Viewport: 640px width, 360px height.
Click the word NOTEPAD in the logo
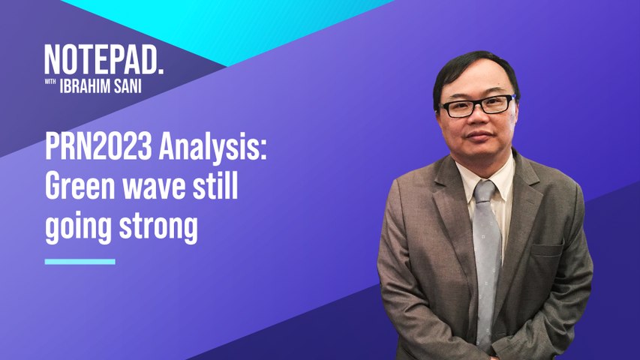(x=101, y=59)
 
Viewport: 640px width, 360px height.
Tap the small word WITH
(x=50, y=82)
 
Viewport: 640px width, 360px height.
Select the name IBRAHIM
(x=85, y=85)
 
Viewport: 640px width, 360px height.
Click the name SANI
(x=128, y=85)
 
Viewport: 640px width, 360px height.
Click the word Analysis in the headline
(x=209, y=148)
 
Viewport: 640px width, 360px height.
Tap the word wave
(x=155, y=188)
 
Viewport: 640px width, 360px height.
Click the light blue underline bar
(x=80, y=262)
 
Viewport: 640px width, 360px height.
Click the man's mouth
(x=479, y=136)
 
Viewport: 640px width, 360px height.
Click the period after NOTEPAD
(x=161, y=71)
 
